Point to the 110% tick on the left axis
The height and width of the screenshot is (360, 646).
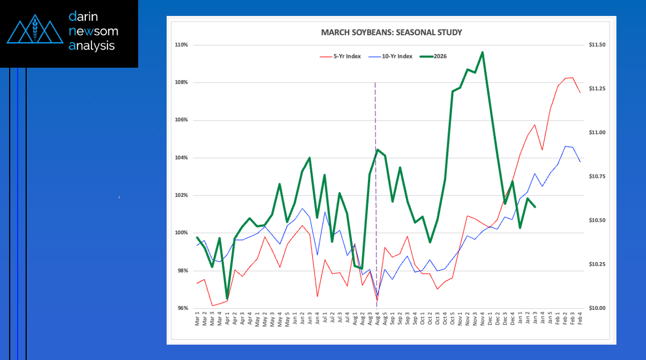[x=182, y=45]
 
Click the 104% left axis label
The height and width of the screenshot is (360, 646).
[x=182, y=158]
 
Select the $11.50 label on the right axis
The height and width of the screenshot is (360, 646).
[x=597, y=45]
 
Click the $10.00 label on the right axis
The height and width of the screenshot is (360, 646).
[x=597, y=308]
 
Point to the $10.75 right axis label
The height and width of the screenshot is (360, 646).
[x=597, y=177]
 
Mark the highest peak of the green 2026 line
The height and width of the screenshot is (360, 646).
[x=482, y=52]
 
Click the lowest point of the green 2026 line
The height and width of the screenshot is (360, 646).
[x=227, y=298]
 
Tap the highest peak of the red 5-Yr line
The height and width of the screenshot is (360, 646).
[x=572, y=77]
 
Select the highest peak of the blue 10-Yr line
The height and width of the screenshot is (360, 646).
[x=565, y=146]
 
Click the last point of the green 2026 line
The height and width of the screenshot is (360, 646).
[x=535, y=206]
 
